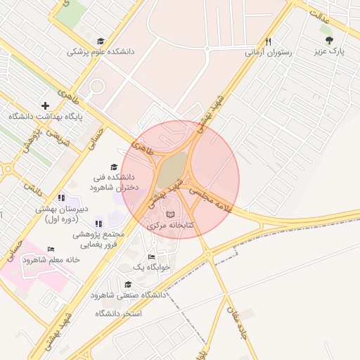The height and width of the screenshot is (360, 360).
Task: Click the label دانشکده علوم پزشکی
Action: [x=100, y=51]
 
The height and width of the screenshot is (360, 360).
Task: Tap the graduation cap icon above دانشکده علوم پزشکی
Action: [x=101, y=41]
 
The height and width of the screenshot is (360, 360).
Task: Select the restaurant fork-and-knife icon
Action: [x=267, y=41]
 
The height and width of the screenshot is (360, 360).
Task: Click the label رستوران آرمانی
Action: [x=267, y=52]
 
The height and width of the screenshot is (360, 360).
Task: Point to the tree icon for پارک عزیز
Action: [x=330, y=40]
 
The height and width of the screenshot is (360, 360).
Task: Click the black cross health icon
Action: [x=46, y=105]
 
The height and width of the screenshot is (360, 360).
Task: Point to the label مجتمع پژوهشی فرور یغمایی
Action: [x=98, y=239]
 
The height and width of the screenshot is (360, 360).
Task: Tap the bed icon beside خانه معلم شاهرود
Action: [x=50, y=249]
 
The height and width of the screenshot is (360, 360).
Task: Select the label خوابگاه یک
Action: [x=150, y=267]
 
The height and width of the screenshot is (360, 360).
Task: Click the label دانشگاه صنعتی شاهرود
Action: [x=128, y=295]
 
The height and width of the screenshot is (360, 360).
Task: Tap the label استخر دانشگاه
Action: [x=120, y=312]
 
